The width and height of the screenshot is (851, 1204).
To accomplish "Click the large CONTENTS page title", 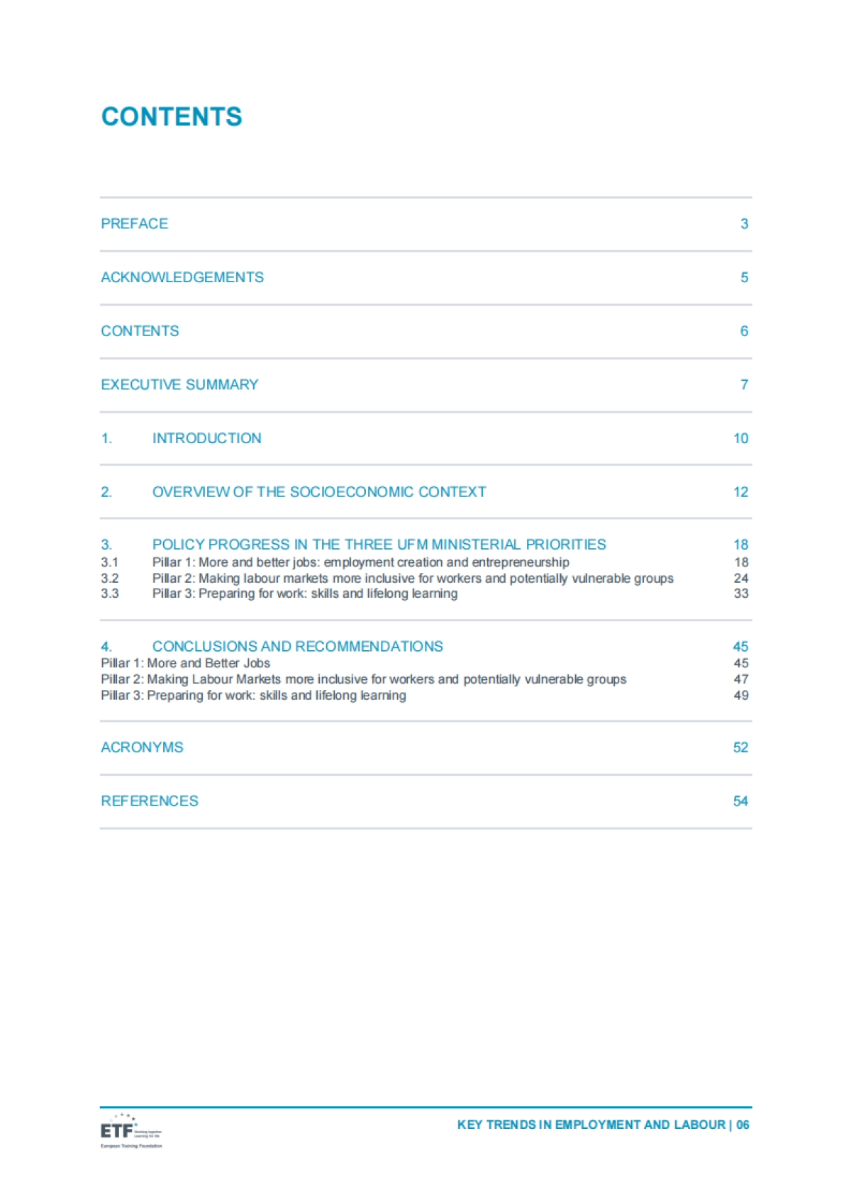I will [x=172, y=117].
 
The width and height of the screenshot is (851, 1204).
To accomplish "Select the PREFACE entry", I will [x=135, y=224].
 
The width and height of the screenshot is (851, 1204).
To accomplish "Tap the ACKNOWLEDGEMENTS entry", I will [x=182, y=277].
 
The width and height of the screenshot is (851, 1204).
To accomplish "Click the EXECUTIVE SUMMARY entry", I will [x=179, y=384].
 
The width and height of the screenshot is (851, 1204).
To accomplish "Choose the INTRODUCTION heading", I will [x=206, y=438].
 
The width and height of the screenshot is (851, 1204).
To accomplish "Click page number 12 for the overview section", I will [x=740, y=492].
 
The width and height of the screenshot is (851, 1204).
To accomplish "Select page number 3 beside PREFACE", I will [x=744, y=224].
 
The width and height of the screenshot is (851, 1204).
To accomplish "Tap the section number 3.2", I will [x=110, y=578].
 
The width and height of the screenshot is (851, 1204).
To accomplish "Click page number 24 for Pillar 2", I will [x=740, y=578].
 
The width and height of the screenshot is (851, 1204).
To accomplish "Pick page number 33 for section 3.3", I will [x=740, y=593].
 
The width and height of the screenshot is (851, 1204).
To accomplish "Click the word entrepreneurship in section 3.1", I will [x=521, y=562].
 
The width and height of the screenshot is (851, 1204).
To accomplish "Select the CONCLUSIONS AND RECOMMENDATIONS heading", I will [x=297, y=647].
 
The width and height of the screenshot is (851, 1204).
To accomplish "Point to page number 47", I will [x=740, y=679].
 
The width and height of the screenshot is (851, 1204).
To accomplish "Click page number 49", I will [x=740, y=696].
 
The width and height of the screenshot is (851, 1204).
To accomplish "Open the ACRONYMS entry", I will [x=142, y=747].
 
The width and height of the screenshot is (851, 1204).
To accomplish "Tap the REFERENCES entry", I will [x=150, y=801].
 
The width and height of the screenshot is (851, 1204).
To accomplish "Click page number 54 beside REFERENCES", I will [x=740, y=801].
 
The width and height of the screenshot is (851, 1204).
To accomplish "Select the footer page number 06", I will [x=742, y=1125].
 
